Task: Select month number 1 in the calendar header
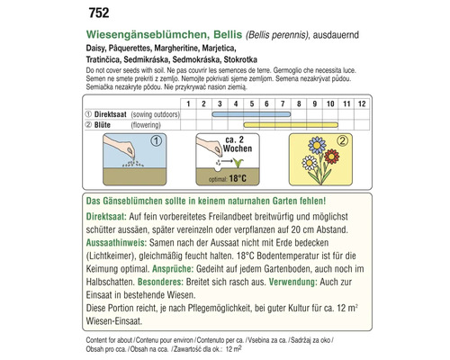(x=189, y=104)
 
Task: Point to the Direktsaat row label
(x=131, y=116)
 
